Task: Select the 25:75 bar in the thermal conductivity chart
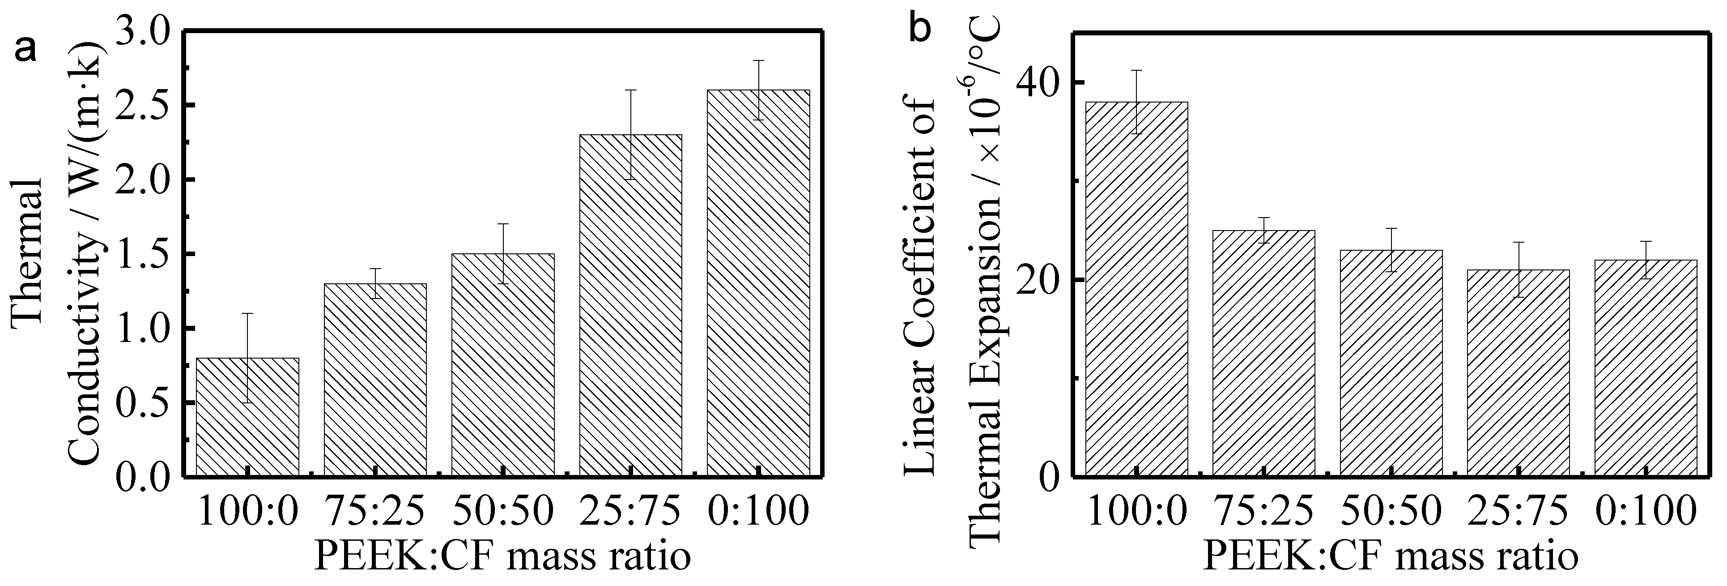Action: point(631,305)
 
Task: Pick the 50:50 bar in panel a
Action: point(503,365)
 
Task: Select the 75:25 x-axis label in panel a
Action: point(375,512)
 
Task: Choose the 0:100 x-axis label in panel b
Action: point(1648,512)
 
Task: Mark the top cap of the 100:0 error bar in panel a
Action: point(247,313)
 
